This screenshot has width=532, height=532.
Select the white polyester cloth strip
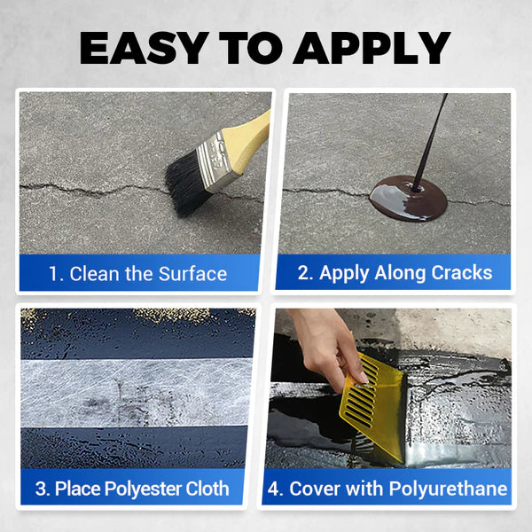click(137, 390)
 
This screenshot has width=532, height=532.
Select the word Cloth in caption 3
click(205, 489)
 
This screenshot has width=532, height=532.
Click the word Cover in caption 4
click(316, 489)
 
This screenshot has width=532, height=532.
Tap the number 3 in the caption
click(40, 489)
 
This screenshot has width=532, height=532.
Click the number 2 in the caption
click(302, 273)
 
